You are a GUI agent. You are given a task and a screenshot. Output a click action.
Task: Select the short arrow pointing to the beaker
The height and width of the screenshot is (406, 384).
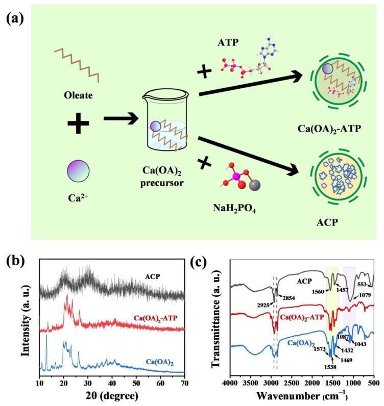pos(121,120)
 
